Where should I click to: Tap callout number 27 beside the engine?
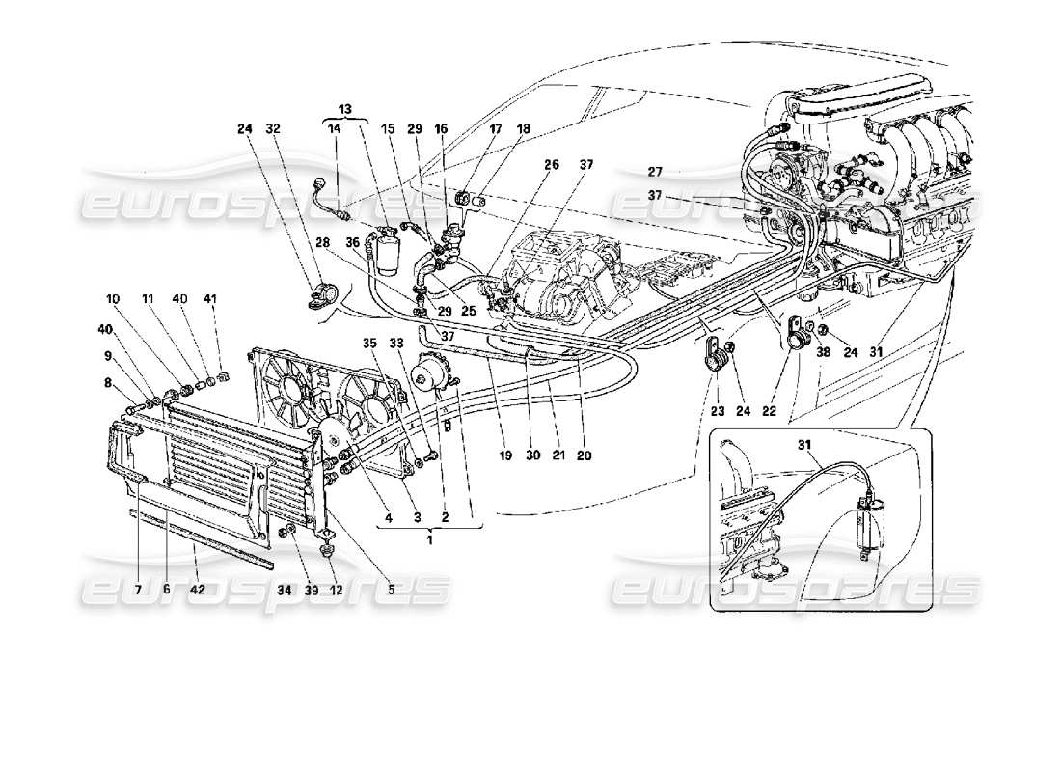pos(656,172)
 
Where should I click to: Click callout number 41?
pos(211,299)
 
